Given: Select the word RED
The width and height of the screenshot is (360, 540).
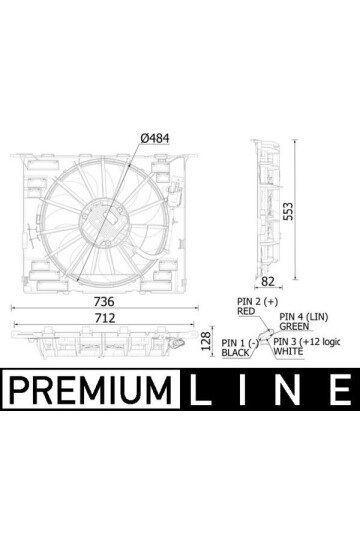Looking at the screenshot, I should click(247, 310).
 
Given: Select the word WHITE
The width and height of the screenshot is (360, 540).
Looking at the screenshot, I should click(290, 353).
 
